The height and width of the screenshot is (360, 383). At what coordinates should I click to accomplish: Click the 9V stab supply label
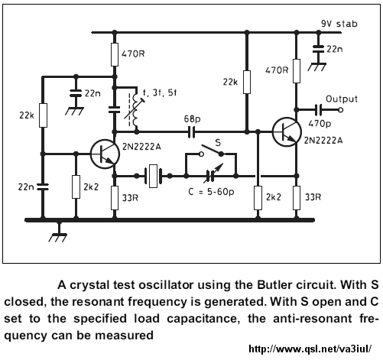click(x=339, y=24)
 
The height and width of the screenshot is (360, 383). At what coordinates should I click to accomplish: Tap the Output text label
click(x=342, y=99)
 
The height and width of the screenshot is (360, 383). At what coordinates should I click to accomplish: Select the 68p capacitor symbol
click(x=192, y=132)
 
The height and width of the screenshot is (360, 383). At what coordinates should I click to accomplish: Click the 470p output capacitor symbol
click(x=318, y=110)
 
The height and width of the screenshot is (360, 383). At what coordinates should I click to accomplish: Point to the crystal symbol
click(x=153, y=176)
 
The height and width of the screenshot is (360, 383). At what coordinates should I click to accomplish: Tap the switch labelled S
click(x=212, y=151)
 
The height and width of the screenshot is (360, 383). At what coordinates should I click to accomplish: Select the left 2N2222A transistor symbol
click(x=105, y=154)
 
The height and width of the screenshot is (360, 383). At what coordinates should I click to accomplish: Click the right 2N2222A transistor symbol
click(x=287, y=131)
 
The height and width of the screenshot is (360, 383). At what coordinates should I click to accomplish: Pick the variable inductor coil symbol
click(x=135, y=109)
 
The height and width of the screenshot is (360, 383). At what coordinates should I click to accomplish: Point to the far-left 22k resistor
click(x=43, y=115)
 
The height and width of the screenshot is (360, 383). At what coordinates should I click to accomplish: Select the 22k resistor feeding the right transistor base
click(x=247, y=82)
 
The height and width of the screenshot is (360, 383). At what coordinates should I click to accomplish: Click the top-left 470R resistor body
click(x=115, y=54)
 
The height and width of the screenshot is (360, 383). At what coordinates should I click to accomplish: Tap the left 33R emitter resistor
click(x=115, y=198)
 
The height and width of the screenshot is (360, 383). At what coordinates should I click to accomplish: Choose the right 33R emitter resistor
click(x=297, y=198)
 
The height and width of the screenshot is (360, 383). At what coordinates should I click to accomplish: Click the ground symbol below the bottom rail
click(x=58, y=235)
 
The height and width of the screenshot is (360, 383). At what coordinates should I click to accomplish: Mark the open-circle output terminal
click(x=340, y=110)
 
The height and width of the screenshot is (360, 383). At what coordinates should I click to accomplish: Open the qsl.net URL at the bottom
click(x=310, y=349)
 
